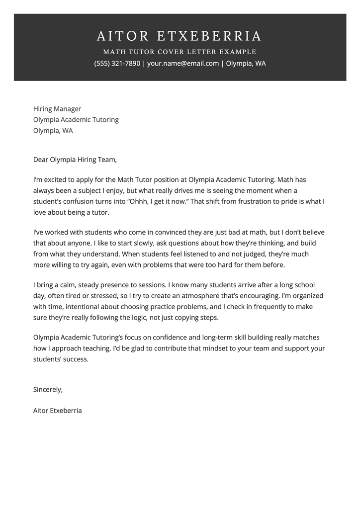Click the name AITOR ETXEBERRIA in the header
point(180,36)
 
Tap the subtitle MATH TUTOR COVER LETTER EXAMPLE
point(180,52)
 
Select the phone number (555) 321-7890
point(117,64)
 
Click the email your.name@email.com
point(183,64)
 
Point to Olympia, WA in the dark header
point(246,64)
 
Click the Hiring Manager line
point(57,109)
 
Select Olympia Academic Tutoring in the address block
point(76,120)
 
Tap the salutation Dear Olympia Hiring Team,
point(75,160)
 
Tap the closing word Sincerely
point(48,389)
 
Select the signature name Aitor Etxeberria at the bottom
point(58,411)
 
